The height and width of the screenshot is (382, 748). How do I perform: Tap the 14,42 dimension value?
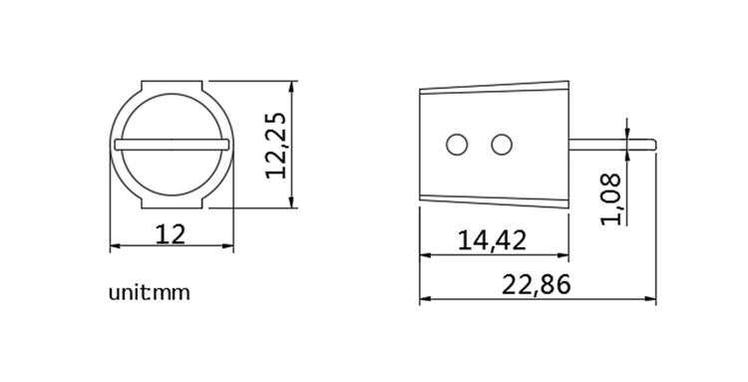492,240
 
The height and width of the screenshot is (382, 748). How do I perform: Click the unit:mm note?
149,293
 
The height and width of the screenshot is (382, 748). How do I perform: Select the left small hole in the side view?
457,145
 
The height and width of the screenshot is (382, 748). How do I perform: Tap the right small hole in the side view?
501,145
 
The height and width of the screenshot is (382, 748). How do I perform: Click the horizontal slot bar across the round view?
172,145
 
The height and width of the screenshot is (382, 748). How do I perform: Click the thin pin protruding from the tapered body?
612,145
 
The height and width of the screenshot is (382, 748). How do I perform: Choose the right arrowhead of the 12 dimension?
228,247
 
